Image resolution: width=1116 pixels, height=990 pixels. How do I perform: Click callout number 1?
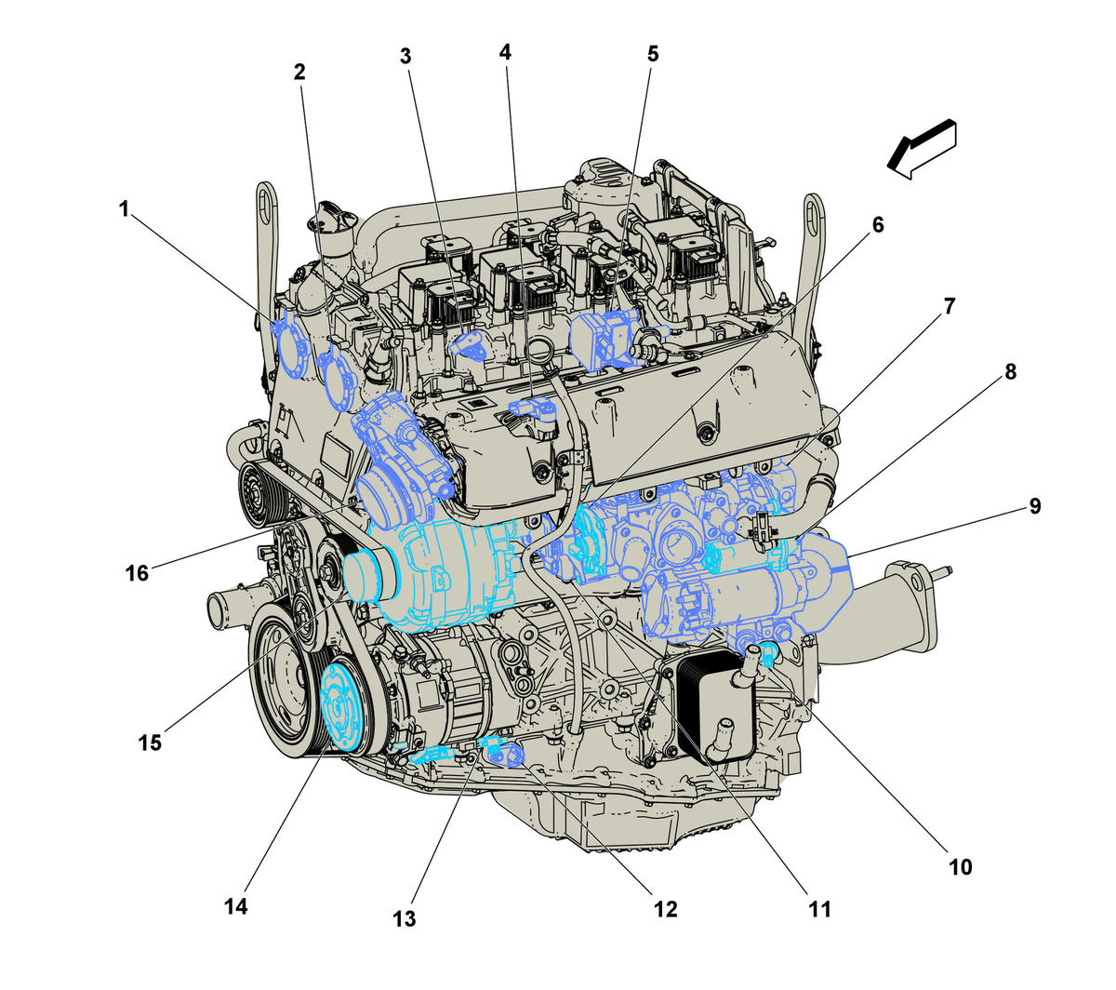click(x=124, y=209)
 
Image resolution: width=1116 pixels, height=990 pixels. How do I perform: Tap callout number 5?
click(x=652, y=54)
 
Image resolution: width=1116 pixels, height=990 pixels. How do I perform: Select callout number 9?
click(x=1034, y=506)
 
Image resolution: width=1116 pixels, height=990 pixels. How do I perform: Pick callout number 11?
click(x=819, y=909)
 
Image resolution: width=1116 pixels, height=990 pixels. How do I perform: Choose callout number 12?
click(x=665, y=909)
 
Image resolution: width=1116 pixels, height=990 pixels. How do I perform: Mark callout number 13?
click(x=404, y=919)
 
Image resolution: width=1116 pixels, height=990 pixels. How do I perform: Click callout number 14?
click(x=236, y=907)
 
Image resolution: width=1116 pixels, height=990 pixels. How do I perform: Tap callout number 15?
click(x=150, y=742)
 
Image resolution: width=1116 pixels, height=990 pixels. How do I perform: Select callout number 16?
click(x=137, y=574)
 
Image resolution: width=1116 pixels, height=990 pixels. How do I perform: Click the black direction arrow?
click(x=921, y=150)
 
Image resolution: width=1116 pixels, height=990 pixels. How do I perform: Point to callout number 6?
click(x=878, y=225)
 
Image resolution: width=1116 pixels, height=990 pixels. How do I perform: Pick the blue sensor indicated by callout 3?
click(x=467, y=345)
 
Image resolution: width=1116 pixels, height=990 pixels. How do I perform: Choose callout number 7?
click(x=950, y=306)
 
